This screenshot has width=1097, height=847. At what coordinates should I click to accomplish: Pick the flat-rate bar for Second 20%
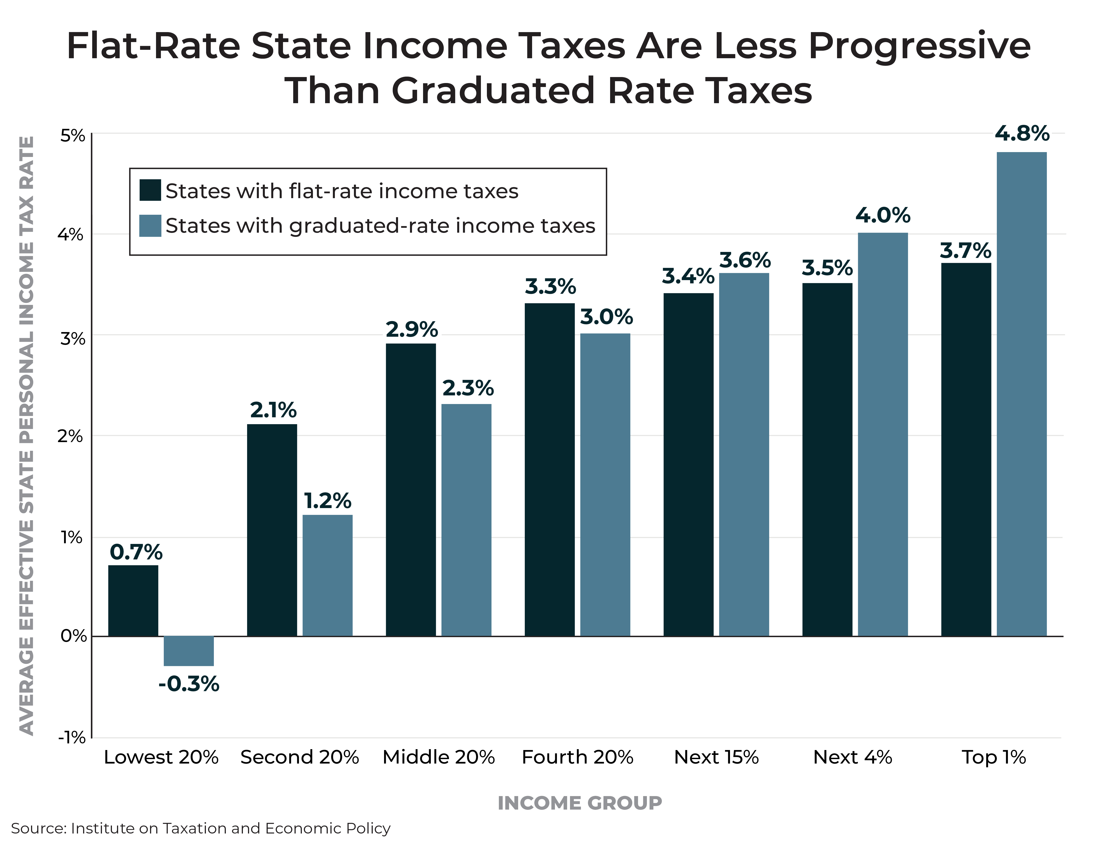[x=272, y=530]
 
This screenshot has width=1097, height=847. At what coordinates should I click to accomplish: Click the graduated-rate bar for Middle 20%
[x=466, y=520]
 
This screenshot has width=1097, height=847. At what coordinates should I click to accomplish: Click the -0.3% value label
[x=189, y=684]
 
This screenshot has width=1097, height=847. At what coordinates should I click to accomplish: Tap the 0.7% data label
[x=136, y=553]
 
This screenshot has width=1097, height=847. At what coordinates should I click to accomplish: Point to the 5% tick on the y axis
[x=73, y=135]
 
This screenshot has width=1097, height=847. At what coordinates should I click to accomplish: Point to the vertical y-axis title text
[x=27, y=435]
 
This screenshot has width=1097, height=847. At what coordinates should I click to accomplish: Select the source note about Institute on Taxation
[x=200, y=828]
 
